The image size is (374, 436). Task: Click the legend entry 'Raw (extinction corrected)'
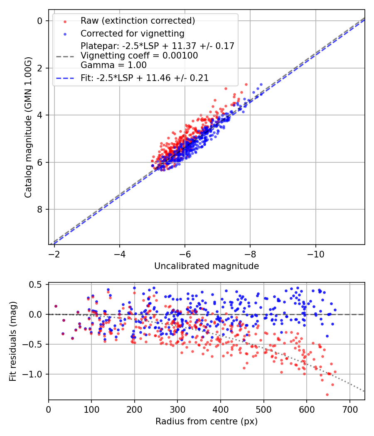(x=138, y=21)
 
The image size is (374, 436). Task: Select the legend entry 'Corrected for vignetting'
(x=132, y=33)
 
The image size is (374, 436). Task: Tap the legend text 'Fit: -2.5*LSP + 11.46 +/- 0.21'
(x=145, y=78)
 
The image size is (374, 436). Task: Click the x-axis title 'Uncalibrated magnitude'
(x=207, y=266)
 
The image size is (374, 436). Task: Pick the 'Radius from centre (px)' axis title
(x=207, y=421)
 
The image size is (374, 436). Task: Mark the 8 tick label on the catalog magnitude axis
(x=40, y=209)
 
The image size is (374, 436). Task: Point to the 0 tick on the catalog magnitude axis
(x=40, y=21)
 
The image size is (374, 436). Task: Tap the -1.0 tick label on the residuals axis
(x=34, y=374)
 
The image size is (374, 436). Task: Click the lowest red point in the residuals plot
(x=327, y=394)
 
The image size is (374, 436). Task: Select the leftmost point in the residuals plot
(x=56, y=306)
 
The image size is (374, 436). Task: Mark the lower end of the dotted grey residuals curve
(x=364, y=391)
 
